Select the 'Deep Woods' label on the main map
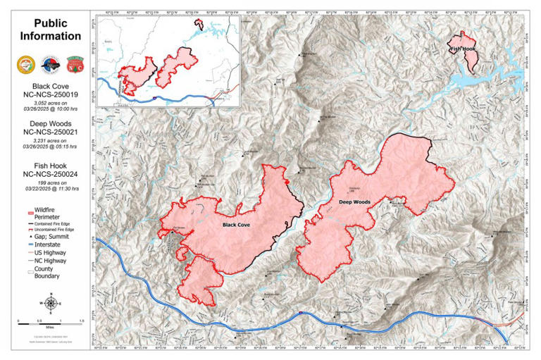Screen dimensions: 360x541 coord(354,202)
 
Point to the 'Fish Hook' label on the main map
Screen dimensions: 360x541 coord(462,49)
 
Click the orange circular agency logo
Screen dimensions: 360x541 coord(23,64)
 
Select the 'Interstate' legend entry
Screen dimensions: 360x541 coord(46,244)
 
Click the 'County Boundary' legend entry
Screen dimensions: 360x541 coord(46,272)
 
